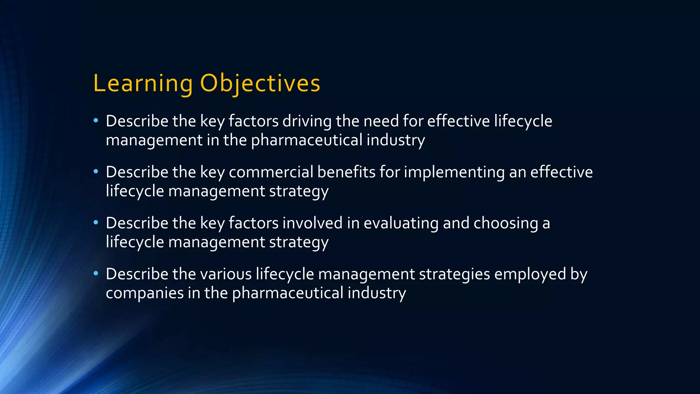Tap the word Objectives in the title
tap(260, 83)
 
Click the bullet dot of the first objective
tap(96, 121)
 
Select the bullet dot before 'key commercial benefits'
tap(96, 172)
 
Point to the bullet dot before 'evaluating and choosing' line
tap(96, 223)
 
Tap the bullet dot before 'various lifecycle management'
tap(96, 274)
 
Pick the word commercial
tap(271, 172)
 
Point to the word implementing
tap(454, 172)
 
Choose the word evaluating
tap(401, 223)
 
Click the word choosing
tap(506, 223)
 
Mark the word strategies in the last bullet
tap(454, 274)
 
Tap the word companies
tap(145, 293)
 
